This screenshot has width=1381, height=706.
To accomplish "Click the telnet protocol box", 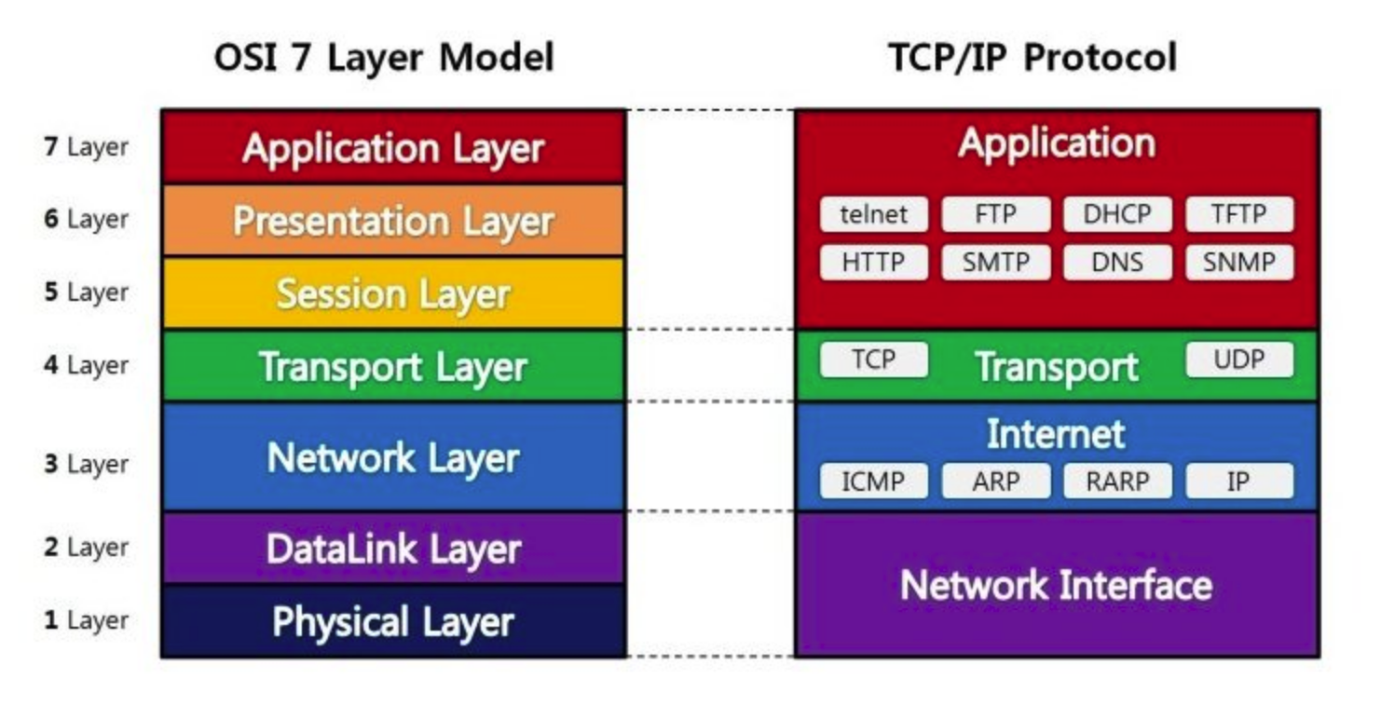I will pos(873,214).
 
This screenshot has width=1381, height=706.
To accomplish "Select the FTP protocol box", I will pos(995,214).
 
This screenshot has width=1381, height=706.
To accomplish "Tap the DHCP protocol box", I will pos(1117,214).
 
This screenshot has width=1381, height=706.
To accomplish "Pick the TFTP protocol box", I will pos(1238,214).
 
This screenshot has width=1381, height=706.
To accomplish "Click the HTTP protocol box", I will pos(873,263).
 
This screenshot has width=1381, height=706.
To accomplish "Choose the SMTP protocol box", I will pos(995,263).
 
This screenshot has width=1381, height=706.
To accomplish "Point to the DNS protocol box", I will pos(1117,263).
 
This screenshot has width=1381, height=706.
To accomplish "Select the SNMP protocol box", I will pos(1238,263).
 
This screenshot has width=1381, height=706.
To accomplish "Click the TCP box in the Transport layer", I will pos(873,360).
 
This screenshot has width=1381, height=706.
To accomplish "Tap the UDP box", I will pos(1238,360).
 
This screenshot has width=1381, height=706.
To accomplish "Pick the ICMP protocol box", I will pos(873,482).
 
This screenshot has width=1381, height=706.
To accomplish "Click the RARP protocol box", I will pos(1117,482).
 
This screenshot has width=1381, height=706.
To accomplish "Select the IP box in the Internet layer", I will pos(1238,482).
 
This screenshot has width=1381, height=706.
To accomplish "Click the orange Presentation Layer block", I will pos(392,221).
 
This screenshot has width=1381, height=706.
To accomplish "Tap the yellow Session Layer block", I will pos(392,293).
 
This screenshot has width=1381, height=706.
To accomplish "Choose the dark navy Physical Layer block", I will pos(392,621).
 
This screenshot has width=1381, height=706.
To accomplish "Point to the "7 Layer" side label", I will pos(86,147).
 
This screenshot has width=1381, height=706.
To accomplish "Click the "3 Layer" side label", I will pos(86,464).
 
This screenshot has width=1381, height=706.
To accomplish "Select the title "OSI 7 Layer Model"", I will pos(384,58).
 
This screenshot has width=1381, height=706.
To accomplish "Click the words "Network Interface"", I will pos(1056,585).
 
